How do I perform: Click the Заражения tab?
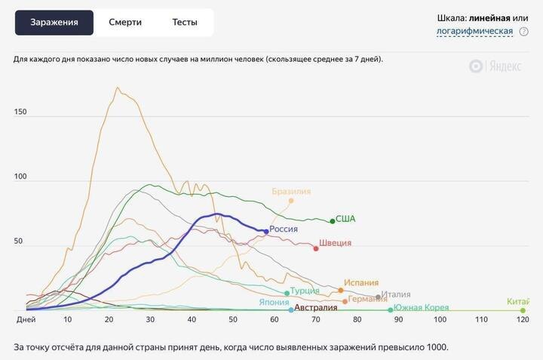coord(54,23)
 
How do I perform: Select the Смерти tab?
coord(125,23)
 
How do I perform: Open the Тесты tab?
coord(185,23)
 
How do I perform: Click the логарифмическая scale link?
coord(474,32)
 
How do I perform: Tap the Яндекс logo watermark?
coord(495,66)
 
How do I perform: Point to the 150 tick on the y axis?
coord(20,112)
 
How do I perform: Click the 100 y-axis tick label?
coord(20,177)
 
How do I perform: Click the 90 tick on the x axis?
coord(398,320)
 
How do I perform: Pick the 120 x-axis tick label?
coord(522,320)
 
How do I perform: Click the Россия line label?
coord(284,229)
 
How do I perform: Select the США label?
coord(345,219)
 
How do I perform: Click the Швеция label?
coord(335,243)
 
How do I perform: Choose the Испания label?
coord(361,283)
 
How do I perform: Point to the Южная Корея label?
coord(421,308)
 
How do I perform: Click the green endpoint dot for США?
coord(332,221)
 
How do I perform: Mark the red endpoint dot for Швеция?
coord(316,248)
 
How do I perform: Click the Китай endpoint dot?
coord(523,310)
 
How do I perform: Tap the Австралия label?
coord(316,308)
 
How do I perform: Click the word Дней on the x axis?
coord(26,320)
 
